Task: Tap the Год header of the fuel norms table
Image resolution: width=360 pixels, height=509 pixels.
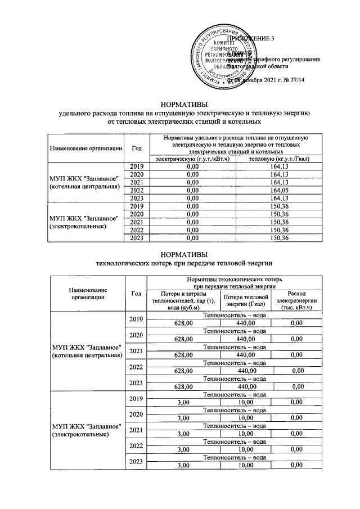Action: (x=136, y=148)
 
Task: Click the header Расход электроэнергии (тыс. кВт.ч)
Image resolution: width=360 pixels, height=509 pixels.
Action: (x=296, y=301)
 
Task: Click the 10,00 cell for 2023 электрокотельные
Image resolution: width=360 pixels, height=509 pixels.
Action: (x=245, y=465)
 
